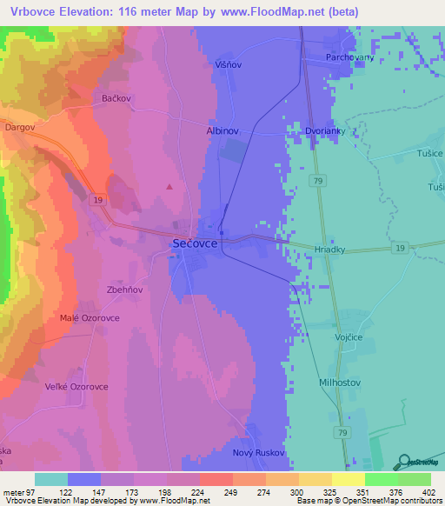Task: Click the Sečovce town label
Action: click(x=190, y=245)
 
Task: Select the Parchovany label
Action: click(x=349, y=57)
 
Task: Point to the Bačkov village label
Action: click(x=115, y=98)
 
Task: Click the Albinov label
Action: click(x=222, y=130)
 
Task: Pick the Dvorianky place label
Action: click(x=329, y=130)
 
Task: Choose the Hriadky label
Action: click(x=329, y=249)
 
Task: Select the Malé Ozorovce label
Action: click(x=90, y=317)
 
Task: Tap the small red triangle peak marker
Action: click(x=169, y=185)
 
